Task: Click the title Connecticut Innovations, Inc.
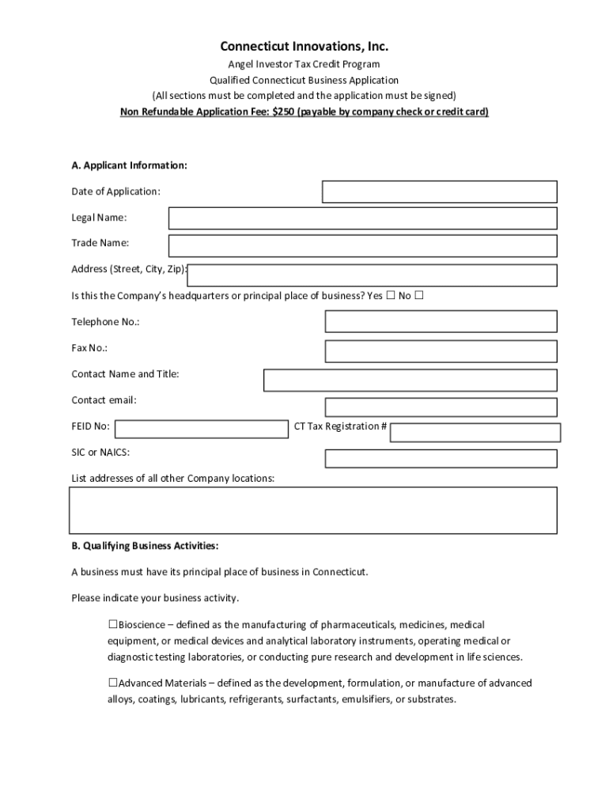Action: pyautogui.click(x=304, y=47)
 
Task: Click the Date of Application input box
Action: pyautogui.click(x=439, y=192)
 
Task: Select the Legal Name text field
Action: pyautogui.click(x=362, y=218)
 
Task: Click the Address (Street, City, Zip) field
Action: pyautogui.click(x=372, y=275)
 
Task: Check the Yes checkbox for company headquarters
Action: pyautogui.click(x=390, y=296)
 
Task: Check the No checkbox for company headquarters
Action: pyautogui.click(x=419, y=296)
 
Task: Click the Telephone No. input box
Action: pyautogui.click(x=441, y=321)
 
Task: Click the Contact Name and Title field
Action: pyautogui.click(x=410, y=380)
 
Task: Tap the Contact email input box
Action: pyautogui.click(x=441, y=407)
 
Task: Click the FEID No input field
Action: pyautogui.click(x=202, y=429)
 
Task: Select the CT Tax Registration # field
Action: pyautogui.click(x=475, y=433)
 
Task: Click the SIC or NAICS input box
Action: pyautogui.click(x=441, y=459)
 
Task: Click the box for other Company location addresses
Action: pyautogui.click(x=313, y=510)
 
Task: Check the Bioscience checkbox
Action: pyautogui.click(x=113, y=625)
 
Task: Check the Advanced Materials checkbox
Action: pyautogui.click(x=113, y=683)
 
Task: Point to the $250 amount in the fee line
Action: pyautogui.click(x=283, y=112)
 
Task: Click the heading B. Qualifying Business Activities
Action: pyautogui.click(x=145, y=546)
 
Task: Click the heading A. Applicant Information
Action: pyautogui.click(x=129, y=165)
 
